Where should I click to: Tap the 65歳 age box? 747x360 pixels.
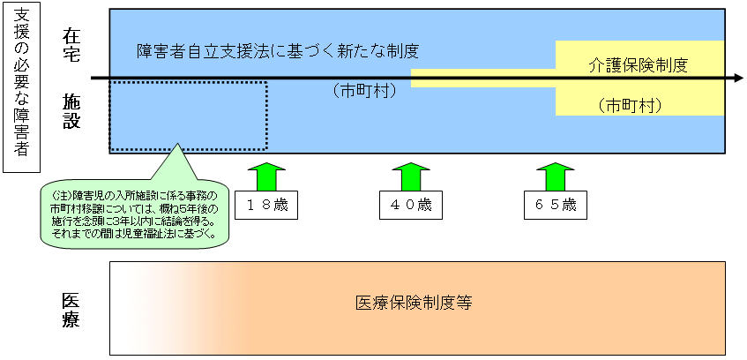555,205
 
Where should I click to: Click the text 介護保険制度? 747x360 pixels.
638,64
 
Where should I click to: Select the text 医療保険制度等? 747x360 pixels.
414,303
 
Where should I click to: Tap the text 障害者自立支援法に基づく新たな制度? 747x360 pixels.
277,50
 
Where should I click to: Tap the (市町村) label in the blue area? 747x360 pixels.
363,90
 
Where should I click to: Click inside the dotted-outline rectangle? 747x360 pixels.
188,116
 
